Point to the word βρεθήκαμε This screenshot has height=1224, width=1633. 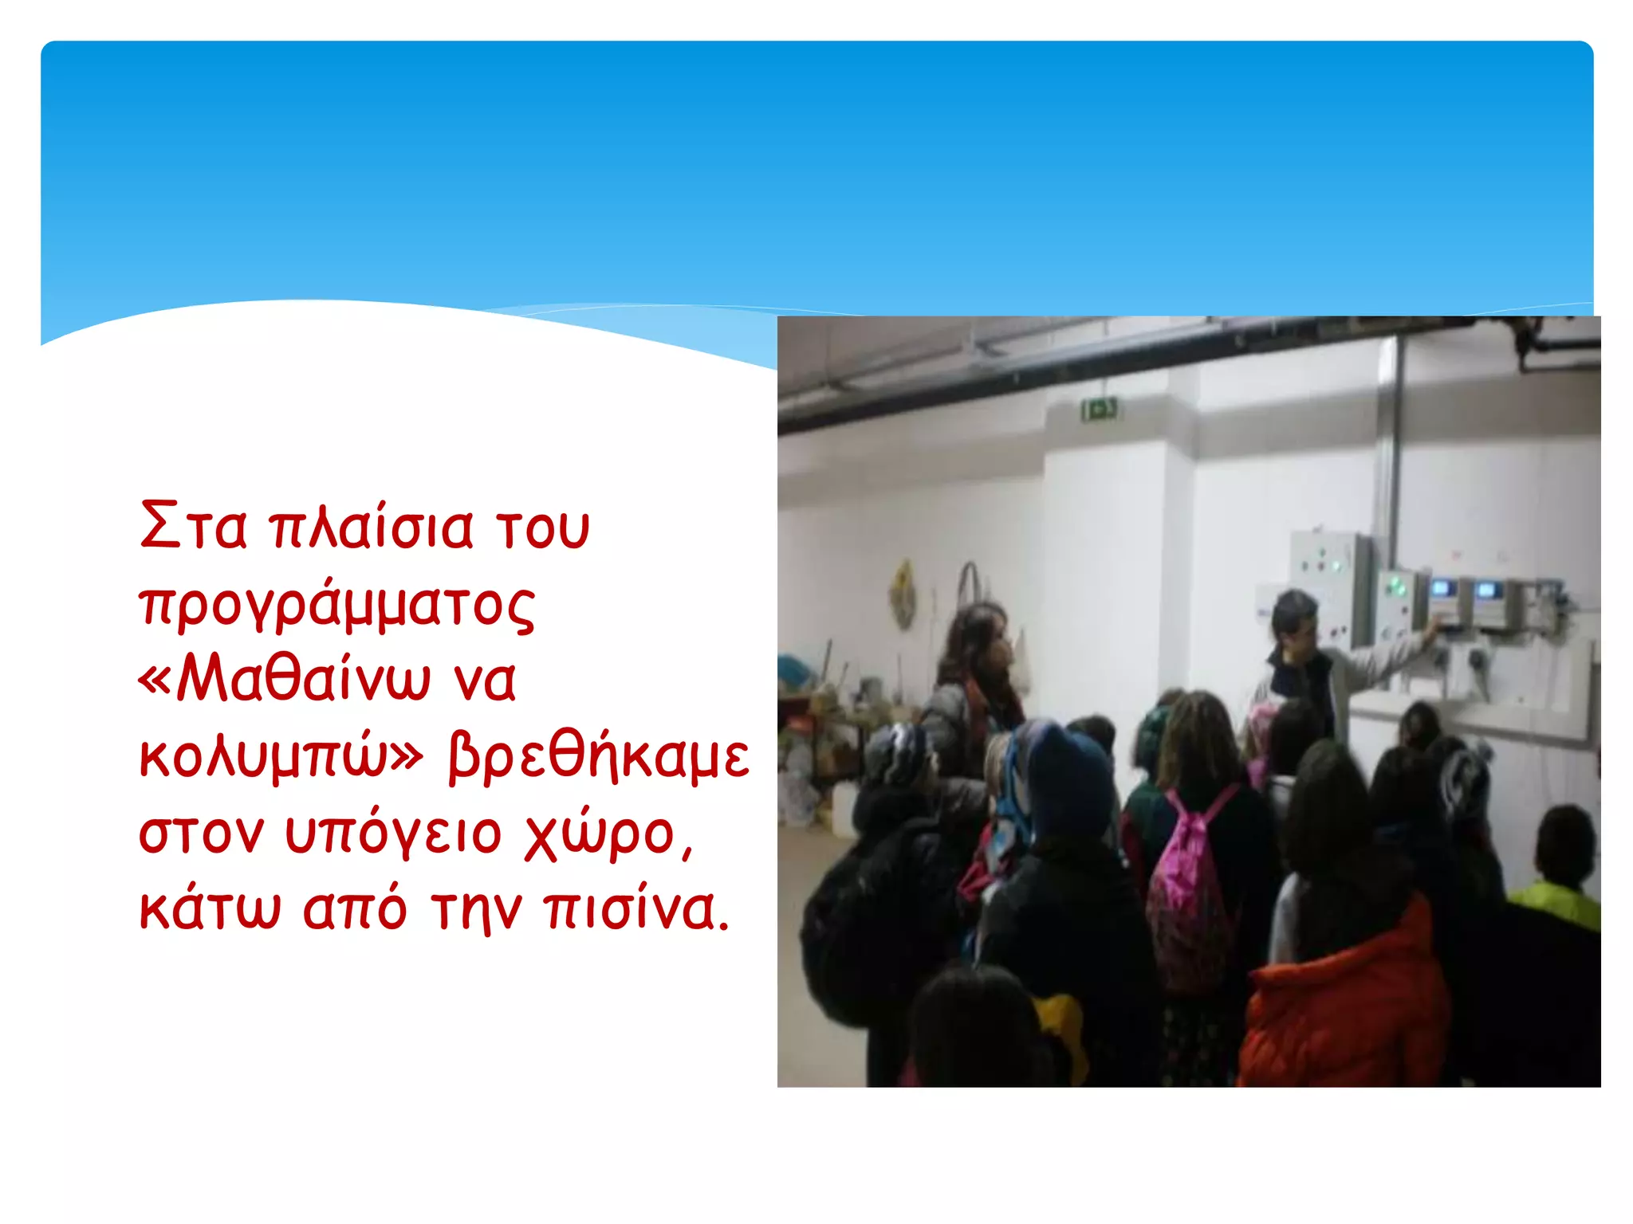coord(599,757)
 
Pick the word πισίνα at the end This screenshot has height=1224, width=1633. coord(637,909)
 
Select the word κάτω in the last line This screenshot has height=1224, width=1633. coord(210,909)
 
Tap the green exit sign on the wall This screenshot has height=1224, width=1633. coord(1100,410)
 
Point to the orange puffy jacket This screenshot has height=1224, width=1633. coord(1348,1004)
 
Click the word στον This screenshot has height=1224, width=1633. coord(201,834)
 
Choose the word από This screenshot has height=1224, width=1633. coord(355,909)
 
